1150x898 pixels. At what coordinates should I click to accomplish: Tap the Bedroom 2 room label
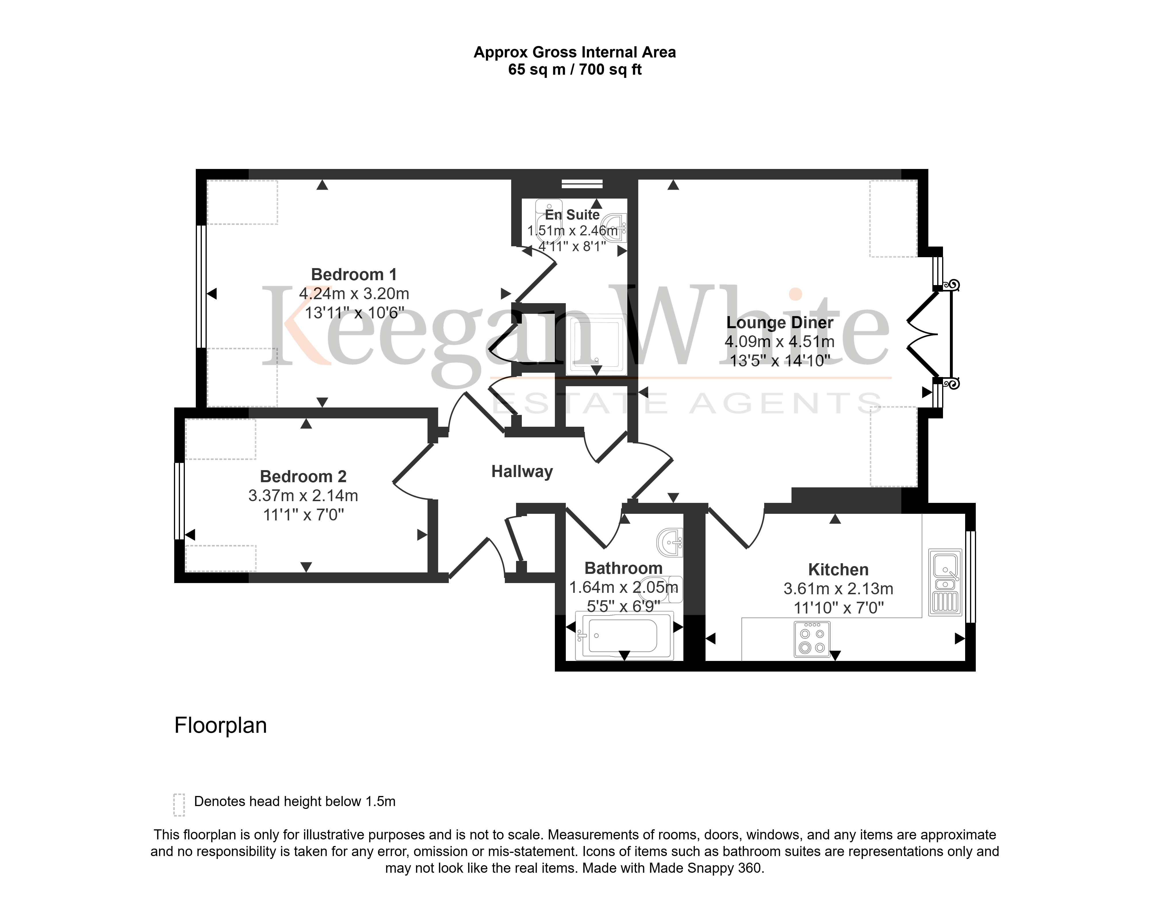(303, 476)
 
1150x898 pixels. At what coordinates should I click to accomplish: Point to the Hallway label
(522, 472)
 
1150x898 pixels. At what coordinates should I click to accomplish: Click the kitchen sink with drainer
(945, 583)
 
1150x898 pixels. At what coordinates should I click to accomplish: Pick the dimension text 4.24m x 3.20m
(354, 294)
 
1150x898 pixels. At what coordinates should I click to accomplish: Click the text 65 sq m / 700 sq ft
(574, 70)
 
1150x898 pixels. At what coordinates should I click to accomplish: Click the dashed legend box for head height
(179, 805)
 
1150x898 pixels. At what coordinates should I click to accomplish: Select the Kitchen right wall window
(970, 577)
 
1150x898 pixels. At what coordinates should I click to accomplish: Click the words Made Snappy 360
(706, 868)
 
